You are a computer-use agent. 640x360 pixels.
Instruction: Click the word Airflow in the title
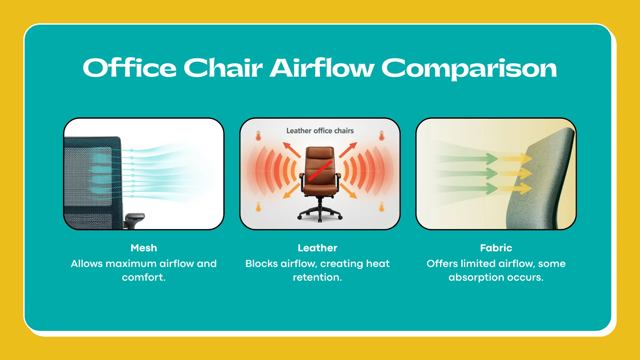pos(322,68)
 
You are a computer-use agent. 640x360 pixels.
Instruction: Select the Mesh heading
pos(144,248)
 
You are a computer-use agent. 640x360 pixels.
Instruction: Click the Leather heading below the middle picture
pos(317,248)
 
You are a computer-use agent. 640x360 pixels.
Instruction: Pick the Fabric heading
pos(496,248)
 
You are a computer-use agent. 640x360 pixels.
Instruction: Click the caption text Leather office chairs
pos(320,131)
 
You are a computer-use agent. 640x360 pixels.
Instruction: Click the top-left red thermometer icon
pos(258,136)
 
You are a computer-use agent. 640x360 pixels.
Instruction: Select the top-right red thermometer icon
pos(382,136)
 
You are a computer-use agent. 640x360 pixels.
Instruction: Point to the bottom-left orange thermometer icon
pos(258,207)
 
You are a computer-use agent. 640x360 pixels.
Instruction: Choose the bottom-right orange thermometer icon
pos(382,207)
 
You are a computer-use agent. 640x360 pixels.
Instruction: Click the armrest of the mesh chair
pos(135,217)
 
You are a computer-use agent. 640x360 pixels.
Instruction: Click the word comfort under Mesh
pos(143,277)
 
